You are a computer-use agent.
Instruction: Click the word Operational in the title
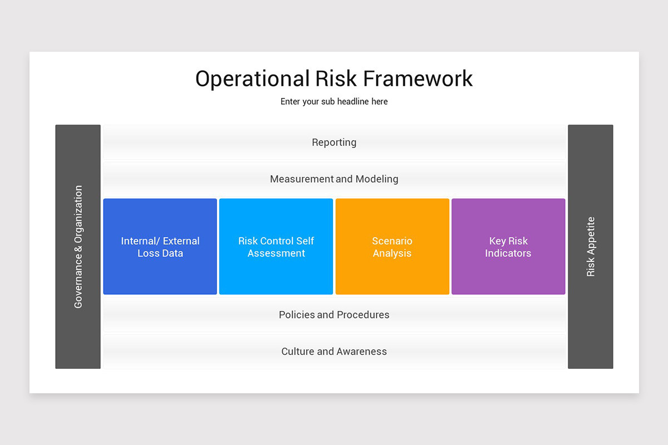point(252,78)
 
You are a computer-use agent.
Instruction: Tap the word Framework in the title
point(418,78)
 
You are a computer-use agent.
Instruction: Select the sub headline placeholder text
point(334,102)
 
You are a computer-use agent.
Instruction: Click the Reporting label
point(334,142)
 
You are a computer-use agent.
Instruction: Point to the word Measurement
point(301,179)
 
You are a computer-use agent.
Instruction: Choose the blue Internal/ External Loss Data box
point(160,246)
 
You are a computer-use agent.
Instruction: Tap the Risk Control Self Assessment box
point(276,246)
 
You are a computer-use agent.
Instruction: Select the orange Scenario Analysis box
point(392,246)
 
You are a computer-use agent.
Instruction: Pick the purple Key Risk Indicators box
point(508,246)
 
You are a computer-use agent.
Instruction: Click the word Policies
point(297,315)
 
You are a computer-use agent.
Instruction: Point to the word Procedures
point(362,315)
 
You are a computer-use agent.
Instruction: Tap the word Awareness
point(361,352)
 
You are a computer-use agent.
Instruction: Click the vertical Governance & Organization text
point(78,246)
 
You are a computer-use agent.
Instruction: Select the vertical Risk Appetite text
point(591,246)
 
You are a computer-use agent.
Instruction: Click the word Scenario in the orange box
point(392,241)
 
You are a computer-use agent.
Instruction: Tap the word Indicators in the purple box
point(508,253)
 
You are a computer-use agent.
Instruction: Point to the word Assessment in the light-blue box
point(276,253)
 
